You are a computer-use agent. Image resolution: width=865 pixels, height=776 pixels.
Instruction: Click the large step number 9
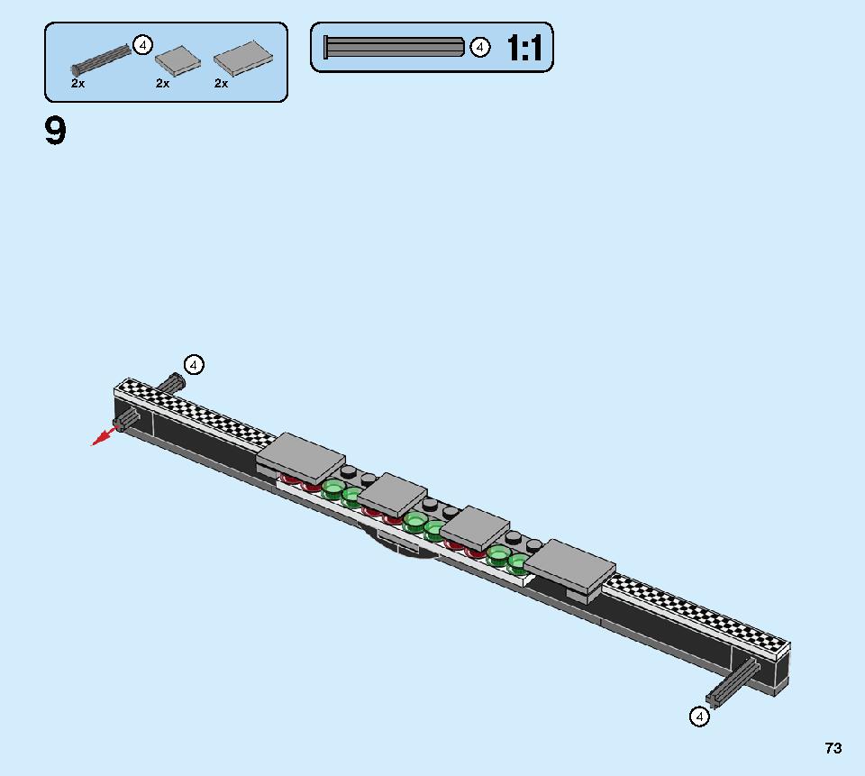tap(55, 131)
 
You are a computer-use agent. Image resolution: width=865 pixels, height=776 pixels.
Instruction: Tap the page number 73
tap(833, 748)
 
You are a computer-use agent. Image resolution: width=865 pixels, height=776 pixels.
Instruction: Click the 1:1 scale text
tap(524, 48)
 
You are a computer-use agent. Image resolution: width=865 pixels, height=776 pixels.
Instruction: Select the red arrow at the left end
tap(105, 435)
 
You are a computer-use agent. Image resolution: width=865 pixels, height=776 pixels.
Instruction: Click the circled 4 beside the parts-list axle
tap(143, 45)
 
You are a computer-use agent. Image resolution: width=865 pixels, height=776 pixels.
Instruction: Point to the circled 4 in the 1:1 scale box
tap(480, 48)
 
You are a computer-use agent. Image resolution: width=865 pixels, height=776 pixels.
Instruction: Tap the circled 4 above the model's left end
tap(194, 365)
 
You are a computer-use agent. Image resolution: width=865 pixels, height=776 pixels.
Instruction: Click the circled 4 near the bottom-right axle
tap(699, 717)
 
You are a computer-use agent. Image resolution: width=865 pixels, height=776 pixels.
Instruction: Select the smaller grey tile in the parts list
tap(178, 60)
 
